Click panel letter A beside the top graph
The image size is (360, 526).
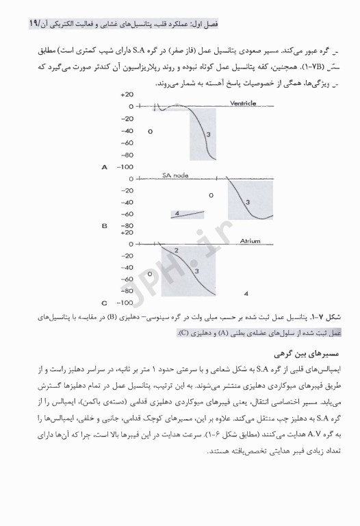104,166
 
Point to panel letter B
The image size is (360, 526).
104,225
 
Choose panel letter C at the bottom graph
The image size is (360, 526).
104,302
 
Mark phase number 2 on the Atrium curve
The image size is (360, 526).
176,251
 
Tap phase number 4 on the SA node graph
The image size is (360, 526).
177,214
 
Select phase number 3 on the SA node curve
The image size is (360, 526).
248,201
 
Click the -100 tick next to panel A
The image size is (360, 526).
125,166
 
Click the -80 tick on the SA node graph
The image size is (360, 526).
126,225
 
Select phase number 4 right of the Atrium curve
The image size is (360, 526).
246,292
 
